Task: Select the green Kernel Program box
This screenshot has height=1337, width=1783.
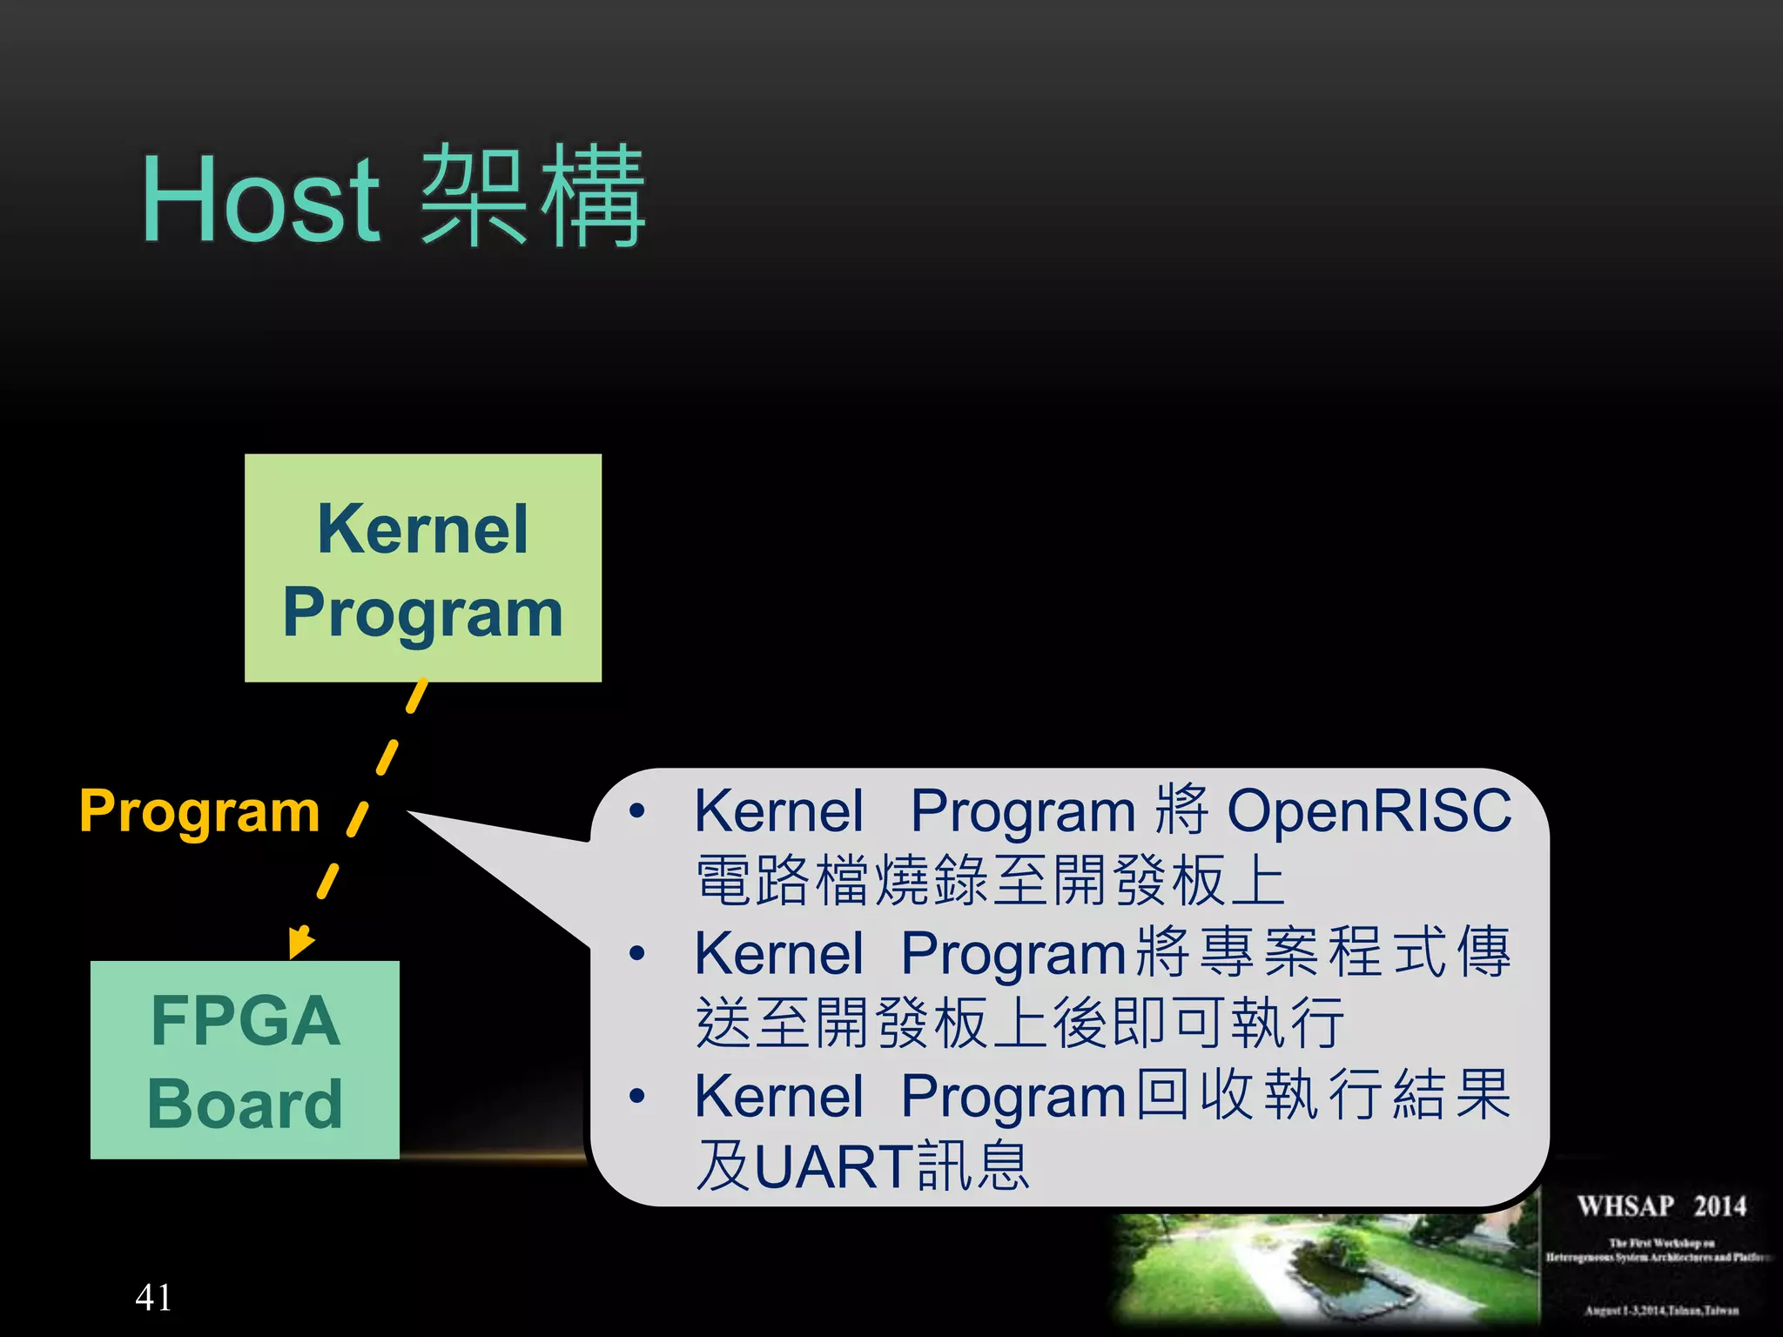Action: click(423, 568)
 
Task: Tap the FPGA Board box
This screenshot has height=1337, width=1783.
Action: click(245, 1059)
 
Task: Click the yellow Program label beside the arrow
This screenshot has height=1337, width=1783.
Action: click(199, 810)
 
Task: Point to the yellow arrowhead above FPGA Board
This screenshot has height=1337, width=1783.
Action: click(299, 943)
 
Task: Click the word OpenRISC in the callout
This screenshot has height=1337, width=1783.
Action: click(1369, 810)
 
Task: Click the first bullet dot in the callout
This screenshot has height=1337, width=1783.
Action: click(637, 811)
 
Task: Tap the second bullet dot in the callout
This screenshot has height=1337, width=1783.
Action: click(637, 953)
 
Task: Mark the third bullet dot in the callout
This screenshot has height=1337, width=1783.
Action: click(637, 1096)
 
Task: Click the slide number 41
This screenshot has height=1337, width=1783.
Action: click(153, 1297)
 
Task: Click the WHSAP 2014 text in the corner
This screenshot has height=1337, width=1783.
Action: click(1661, 1206)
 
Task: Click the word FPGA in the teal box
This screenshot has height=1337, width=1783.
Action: click(245, 1020)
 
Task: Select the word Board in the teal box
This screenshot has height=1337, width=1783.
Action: click(245, 1104)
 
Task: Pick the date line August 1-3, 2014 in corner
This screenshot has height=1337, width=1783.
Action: click(1661, 1310)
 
